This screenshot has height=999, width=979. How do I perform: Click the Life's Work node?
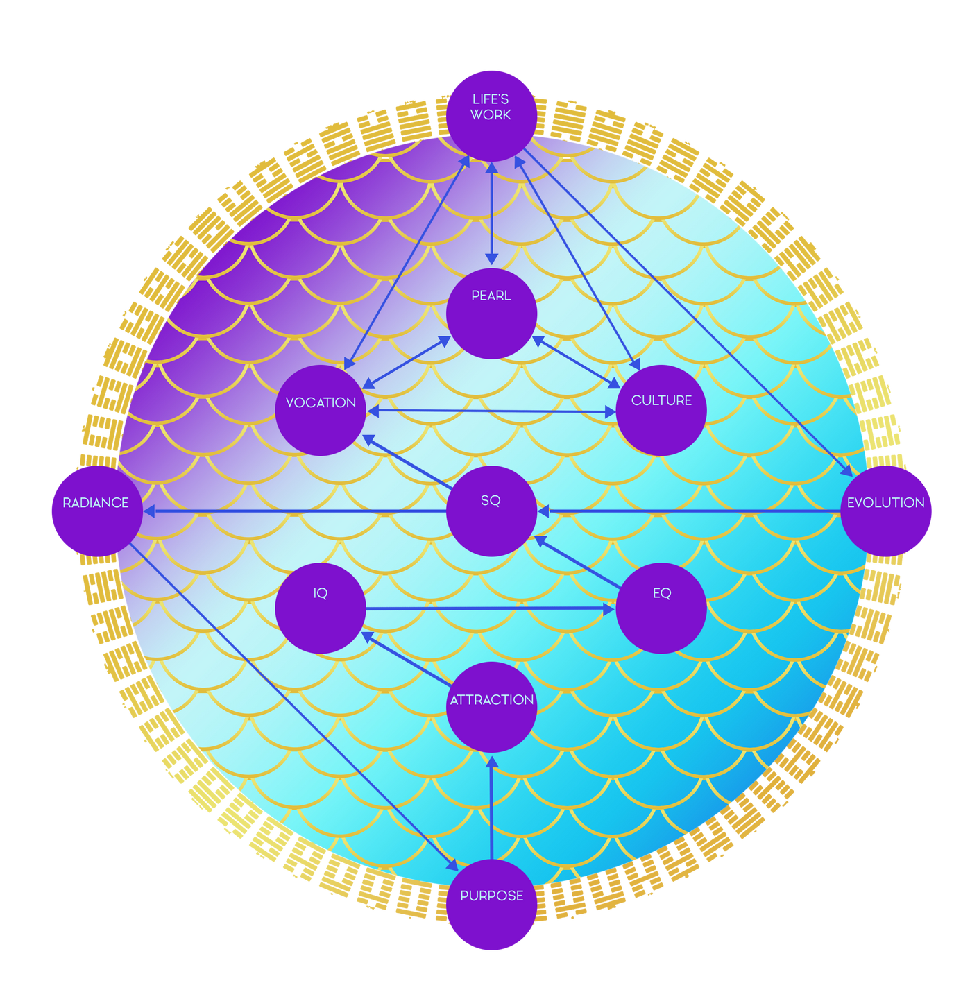(x=491, y=114)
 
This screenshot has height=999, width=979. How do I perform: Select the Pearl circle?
(x=491, y=314)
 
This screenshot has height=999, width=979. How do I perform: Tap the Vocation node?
(x=321, y=410)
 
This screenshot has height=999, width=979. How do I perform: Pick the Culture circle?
(x=661, y=410)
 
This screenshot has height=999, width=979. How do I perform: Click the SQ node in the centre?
(x=491, y=511)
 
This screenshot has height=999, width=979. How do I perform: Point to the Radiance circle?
(x=96, y=511)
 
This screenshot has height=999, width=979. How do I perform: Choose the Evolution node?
(x=886, y=511)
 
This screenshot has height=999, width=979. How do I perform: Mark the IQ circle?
(x=321, y=608)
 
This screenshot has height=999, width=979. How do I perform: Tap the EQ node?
(x=661, y=608)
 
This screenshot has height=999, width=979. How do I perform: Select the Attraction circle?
(x=491, y=707)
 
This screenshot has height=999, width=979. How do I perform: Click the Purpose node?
(x=491, y=905)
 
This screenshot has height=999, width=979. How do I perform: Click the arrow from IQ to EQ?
(x=490, y=608)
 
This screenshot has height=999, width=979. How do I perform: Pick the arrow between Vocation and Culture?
(x=491, y=411)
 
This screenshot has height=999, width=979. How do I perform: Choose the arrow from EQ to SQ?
(x=578, y=562)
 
